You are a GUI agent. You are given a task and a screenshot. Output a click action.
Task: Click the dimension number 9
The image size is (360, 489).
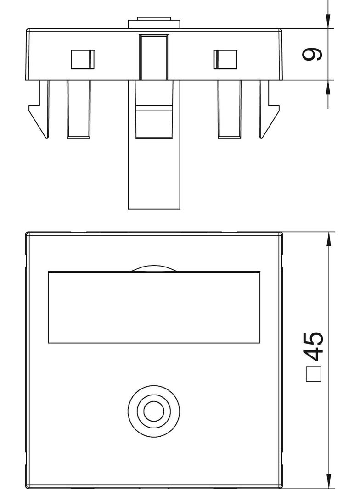click(x=312, y=54)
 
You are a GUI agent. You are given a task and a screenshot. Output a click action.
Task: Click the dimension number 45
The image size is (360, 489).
click(x=314, y=346)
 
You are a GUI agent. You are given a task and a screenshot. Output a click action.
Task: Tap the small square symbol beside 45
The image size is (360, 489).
click(x=314, y=373)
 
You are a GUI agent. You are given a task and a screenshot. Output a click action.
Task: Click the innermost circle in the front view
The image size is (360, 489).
click(x=154, y=411)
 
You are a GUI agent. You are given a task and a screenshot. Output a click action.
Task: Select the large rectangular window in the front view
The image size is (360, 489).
click(x=154, y=307)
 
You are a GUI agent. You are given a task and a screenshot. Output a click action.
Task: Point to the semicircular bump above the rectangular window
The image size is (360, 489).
click(x=154, y=268)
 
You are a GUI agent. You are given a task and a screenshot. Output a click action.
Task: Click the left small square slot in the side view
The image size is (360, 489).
click(x=83, y=59)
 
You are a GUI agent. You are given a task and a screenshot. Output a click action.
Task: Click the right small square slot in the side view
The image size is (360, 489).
click(x=225, y=59)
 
